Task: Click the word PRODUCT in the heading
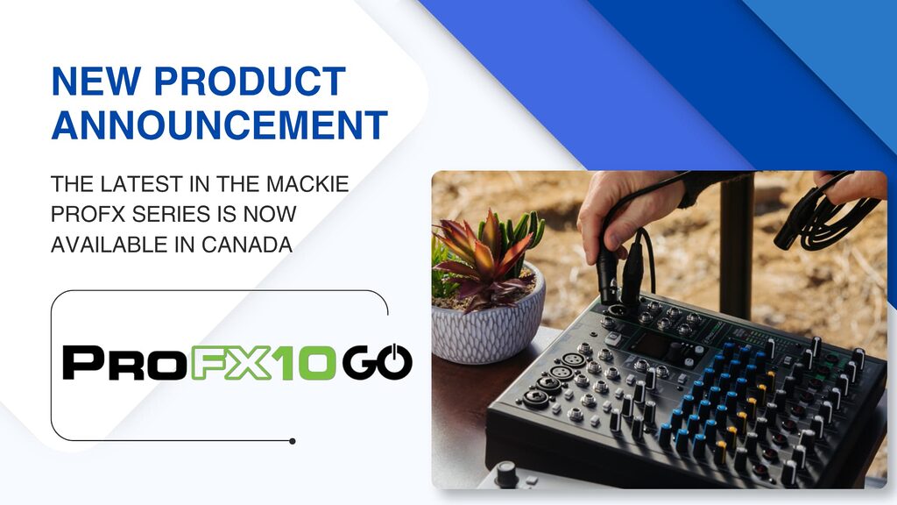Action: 250,81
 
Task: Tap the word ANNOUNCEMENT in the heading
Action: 220,124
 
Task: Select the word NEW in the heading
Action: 96,81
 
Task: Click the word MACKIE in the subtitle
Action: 307,184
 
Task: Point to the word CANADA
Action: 247,245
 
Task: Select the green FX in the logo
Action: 230,362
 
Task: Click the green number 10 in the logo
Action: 304,362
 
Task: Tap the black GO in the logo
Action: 378,362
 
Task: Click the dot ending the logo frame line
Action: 293,442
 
